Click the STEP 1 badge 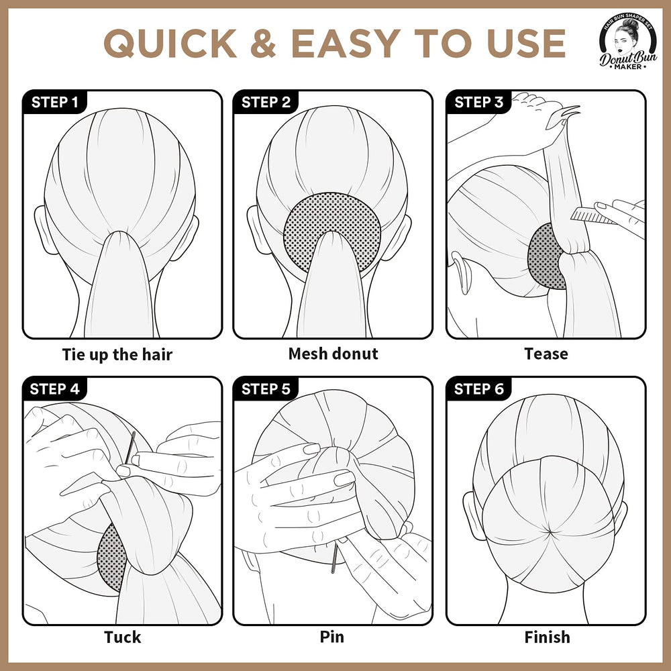coord(55,102)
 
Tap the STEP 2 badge coord(265,102)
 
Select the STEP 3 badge coord(478,102)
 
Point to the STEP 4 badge coord(55,389)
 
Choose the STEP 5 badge coord(265,389)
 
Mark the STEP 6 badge coord(478,389)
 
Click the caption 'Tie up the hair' coord(117,355)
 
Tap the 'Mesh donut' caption coord(333,354)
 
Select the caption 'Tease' coord(546,354)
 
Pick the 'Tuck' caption coord(122,637)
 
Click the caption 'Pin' coord(332,637)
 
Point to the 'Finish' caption coord(548,637)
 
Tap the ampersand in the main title coord(263,43)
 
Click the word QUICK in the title coord(170,43)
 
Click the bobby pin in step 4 coord(130,448)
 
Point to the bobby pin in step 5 coord(334,558)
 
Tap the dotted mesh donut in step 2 coord(331,231)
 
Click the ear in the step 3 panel coord(460,272)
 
